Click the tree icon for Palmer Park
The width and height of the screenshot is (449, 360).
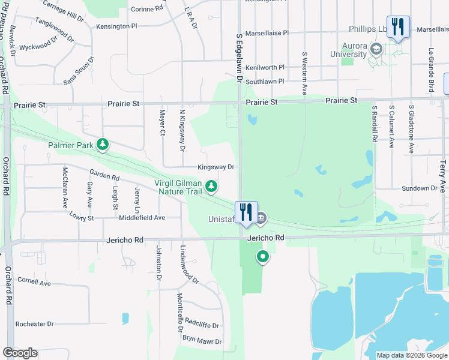(x=103, y=145)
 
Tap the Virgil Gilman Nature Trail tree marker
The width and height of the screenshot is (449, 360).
(x=211, y=187)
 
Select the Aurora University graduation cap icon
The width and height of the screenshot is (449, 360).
(x=376, y=49)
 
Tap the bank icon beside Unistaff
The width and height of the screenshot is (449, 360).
(x=261, y=218)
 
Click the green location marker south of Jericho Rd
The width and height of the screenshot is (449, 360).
(x=262, y=257)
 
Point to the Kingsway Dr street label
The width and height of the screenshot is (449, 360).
(x=217, y=167)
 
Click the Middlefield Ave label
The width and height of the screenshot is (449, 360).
(x=142, y=218)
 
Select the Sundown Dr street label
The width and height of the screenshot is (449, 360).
(x=420, y=188)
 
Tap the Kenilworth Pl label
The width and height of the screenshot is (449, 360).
(x=265, y=68)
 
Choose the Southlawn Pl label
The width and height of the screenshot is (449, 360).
(x=265, y=81)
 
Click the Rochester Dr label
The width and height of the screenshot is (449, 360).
(x=34, y=324)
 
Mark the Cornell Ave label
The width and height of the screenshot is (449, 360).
(x=34, y=281)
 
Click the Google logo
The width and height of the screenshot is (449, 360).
(x=20, y=353)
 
